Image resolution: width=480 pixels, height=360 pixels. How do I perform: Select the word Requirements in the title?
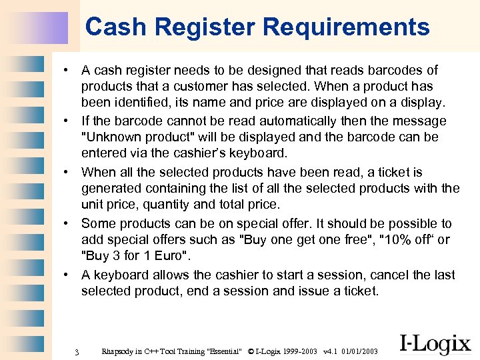pyautogui.click(x=346, y=27)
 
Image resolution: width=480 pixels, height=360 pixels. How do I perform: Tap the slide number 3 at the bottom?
pyautogui.click(x=77, y=351)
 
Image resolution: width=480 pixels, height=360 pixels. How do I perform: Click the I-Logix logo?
pyautogui.click(x=435, y=343)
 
